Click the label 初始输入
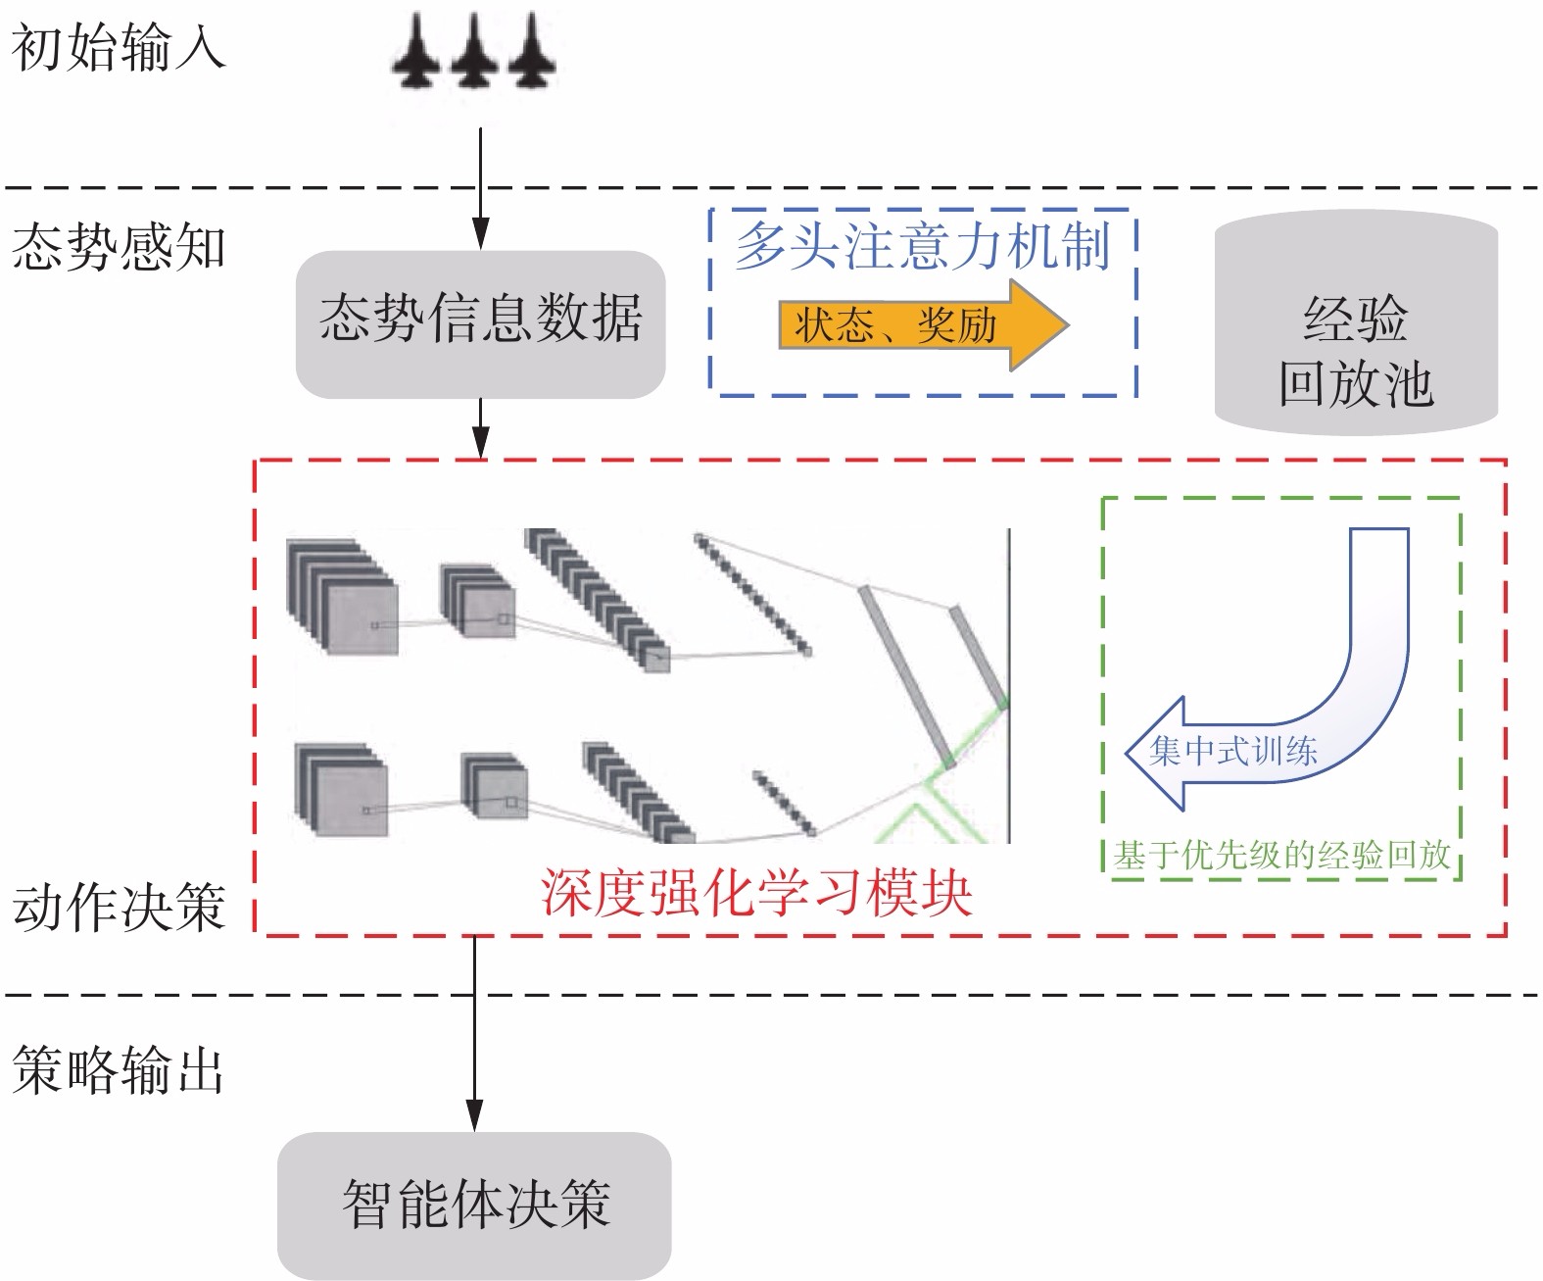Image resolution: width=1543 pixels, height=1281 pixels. (x=118, y=47)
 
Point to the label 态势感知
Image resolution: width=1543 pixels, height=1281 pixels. (x=118, y=247)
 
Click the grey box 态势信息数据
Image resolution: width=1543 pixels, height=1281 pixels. (x=480, y=323)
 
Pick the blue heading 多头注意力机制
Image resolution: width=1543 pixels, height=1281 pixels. (x=923, y=245)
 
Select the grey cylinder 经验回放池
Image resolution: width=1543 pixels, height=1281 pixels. (x=1356, y=323)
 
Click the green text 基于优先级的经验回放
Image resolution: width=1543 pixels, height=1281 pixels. (x=1281, y=855)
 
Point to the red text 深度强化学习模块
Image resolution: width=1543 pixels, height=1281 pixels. (x=756, y=894)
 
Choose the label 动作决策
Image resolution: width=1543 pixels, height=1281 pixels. (x=118, y=908)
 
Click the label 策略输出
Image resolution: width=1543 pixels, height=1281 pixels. (x=118, y=1068)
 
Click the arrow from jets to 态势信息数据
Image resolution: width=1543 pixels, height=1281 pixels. (x=480, y=186)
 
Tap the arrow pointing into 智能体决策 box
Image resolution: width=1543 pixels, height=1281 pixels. (x=474, y=1039)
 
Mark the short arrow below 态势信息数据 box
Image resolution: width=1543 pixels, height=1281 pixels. (x=480, y=427)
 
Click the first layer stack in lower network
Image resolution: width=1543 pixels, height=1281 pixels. (x=341, y=790)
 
